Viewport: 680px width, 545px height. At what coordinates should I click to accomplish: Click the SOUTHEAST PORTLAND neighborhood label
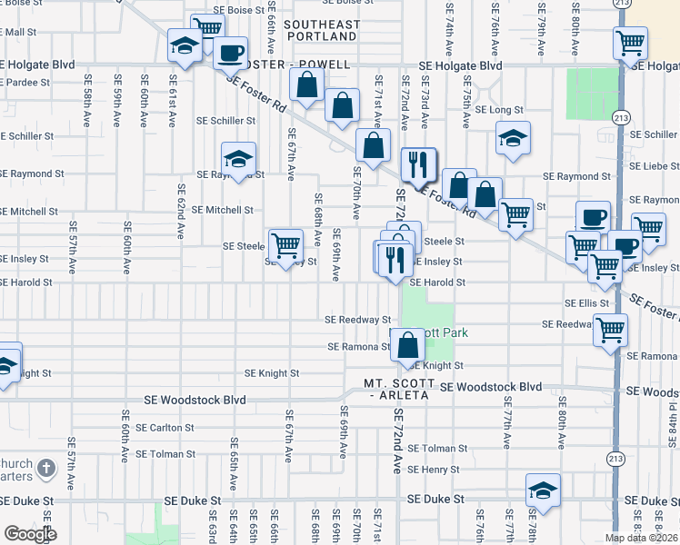pyautogui.click(x=320, y=30)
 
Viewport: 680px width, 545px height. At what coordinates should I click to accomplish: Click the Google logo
pyautogui.click(x=30, y=534)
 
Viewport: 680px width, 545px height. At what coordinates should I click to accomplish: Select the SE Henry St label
pyautogui.click(x=433, y=470)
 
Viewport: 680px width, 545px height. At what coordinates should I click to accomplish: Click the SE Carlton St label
pyautogui.click(x=165, y=427)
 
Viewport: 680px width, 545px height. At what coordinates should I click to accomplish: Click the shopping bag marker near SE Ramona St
pyautogui.click(x=408, y=344)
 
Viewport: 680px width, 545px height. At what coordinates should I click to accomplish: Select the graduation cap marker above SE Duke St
pyautogui.click(x=543, y=489)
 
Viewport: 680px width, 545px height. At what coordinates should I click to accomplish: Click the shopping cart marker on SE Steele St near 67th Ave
pyautogui.click(x=285, y=243)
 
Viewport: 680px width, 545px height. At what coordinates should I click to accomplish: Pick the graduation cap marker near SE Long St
pyautogui.click(x=513, y=138)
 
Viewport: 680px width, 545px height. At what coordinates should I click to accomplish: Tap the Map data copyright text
pyautogui.click(x=641, y=538)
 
